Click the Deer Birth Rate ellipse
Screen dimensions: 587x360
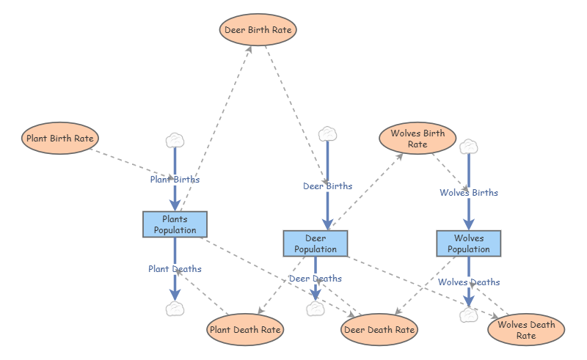pos(258,30)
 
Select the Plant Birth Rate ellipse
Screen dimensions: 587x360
pos(60,138)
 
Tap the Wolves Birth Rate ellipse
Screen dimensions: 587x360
pos(418,139)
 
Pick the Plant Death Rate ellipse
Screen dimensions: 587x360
pos(245,330)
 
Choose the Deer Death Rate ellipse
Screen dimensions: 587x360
pos(379,330)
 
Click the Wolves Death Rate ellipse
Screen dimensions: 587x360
pos(526,330)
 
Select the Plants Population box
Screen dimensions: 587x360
pos(175,224)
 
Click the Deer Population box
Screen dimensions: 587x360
pos(316,243)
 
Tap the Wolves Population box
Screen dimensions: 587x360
pos(469,243)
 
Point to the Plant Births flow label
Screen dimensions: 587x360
pos(175,180)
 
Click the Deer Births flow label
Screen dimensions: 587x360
pos(327,186)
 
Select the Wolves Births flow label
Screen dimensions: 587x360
pos(469,193)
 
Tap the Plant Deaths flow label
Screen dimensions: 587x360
pos(175,269)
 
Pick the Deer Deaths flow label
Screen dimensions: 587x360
pos(316,279)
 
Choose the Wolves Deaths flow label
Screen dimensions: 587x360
pos(469,282)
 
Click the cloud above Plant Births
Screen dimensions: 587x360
pos(175,141)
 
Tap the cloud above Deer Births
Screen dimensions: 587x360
pos(327,134)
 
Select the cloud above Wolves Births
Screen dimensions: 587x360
pos(469,147)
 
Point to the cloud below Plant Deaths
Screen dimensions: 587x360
pos(175,309)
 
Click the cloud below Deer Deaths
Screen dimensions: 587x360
pos(316,309)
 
